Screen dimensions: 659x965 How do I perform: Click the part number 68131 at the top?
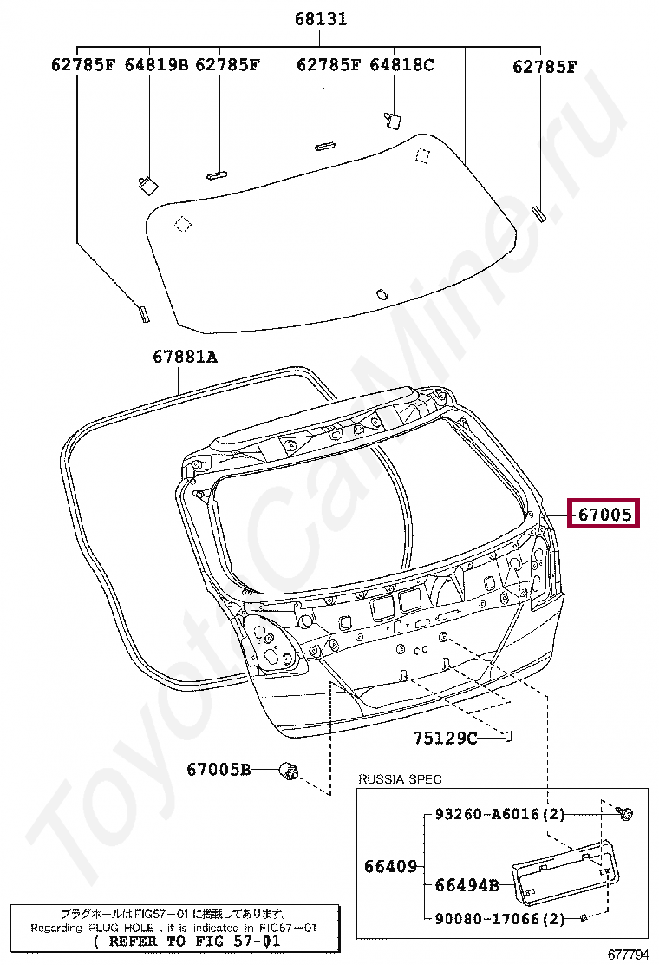(321, 19)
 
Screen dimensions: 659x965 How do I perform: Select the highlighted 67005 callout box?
(603, 513)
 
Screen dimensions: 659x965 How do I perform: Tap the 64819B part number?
(157, 64)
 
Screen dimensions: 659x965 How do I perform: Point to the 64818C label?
(401, 64)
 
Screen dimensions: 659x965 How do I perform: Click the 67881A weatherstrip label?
(185, 357)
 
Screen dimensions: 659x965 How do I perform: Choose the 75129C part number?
(445, 738)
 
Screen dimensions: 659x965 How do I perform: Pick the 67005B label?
(219, 769)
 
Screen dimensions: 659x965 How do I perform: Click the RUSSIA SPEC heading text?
(401, 779)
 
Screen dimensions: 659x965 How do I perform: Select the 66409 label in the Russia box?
(390, 867)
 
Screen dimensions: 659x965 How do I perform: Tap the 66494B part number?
(467, 885)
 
